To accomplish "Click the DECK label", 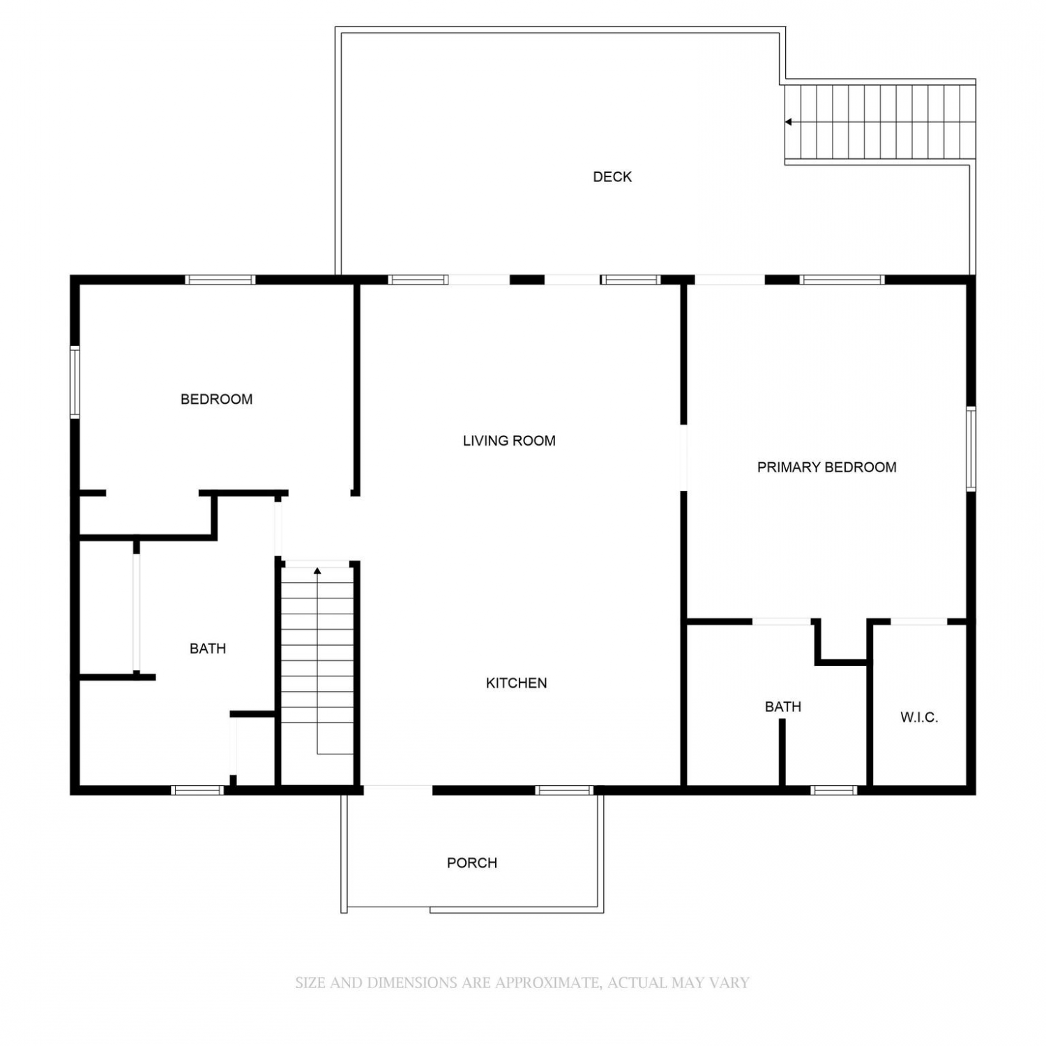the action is [x=612, y=177].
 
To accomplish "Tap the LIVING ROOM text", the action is [x=509, y=441].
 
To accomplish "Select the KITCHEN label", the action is [x=516, y=683].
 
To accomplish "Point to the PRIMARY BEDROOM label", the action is [x=827, y=467].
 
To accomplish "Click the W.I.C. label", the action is [x=919, y=718].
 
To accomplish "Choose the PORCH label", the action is [x=472, y=863].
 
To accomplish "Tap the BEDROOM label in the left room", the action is [x=216, y=400].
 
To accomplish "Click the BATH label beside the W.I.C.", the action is [x=783, y=707].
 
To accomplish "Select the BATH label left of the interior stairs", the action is [x=208, y=649].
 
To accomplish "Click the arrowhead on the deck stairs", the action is [x=789, y=122].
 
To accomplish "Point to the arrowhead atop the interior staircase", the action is [x=317, y=571].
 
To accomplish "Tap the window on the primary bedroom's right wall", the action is [x=971, y=449].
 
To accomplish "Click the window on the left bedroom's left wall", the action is [x=75, y=382].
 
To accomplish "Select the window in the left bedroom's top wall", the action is [x=220, y=280].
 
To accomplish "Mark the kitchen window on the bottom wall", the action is [x=564, y=790].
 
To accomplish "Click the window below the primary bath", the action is [x=834, y=790].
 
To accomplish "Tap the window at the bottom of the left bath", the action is [x=197, y=790].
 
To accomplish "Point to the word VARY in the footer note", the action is [x=730, y=983].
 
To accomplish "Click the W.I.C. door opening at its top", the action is [x=919, y=621].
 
